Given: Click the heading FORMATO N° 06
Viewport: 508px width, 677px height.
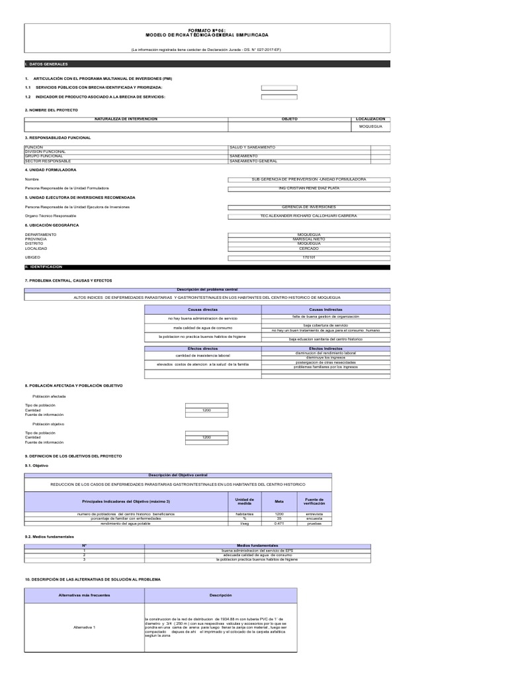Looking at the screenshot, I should pyautogui.click(x=207, y=30).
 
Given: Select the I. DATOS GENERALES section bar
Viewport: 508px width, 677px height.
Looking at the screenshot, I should pyautogui.click(x=207, y=63).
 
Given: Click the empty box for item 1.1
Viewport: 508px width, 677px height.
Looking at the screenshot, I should pyautogui.click(x=279, y=87).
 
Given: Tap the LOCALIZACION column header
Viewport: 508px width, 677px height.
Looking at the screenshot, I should pyautogui.click(x=370, y=119).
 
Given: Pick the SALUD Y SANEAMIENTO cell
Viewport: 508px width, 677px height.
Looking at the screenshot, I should pyautogui.click(x=252, y=147).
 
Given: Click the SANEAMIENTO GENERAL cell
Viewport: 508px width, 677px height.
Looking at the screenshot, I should pyautogui.click(x=254, y=161).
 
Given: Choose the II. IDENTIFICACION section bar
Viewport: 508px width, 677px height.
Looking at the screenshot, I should pyautogui.click(x=207, y=266).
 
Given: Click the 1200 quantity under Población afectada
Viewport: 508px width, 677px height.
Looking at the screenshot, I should pyautogui.click(x=206, y=410).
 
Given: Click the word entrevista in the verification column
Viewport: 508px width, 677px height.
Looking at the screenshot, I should pyautogui.click(x=314, y=514).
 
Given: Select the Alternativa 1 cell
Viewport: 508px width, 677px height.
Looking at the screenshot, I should pyautogui.click(x=85, y=627).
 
